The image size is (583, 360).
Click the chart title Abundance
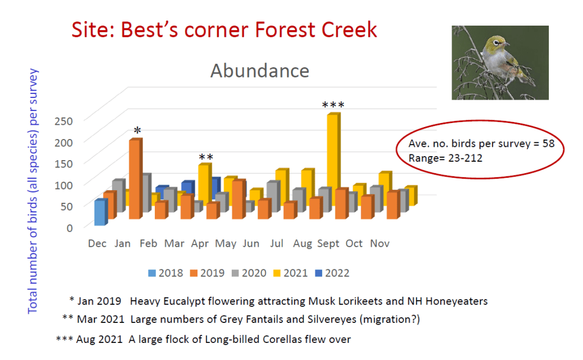(260, 71)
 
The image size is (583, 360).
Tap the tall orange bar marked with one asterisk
(136, 178)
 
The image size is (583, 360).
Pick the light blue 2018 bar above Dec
(101, 212)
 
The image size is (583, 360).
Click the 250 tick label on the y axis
(64, 121)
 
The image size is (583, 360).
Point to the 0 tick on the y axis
(69, 228)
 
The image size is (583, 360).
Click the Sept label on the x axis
(328, 244)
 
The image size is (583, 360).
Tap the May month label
(225, 244)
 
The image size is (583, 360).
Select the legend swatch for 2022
(319, 273)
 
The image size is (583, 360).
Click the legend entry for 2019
(207, 273)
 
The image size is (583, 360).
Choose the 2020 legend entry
(249, 273)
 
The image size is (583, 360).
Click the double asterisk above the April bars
(206, 157)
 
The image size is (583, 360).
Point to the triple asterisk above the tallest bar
(333, 105)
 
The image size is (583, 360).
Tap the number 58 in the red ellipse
(548, 144)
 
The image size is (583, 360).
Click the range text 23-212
(465, 158)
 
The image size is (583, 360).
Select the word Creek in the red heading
(349, 30)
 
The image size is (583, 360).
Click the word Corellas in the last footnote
(281, 339)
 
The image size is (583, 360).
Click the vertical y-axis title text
(32, 191)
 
